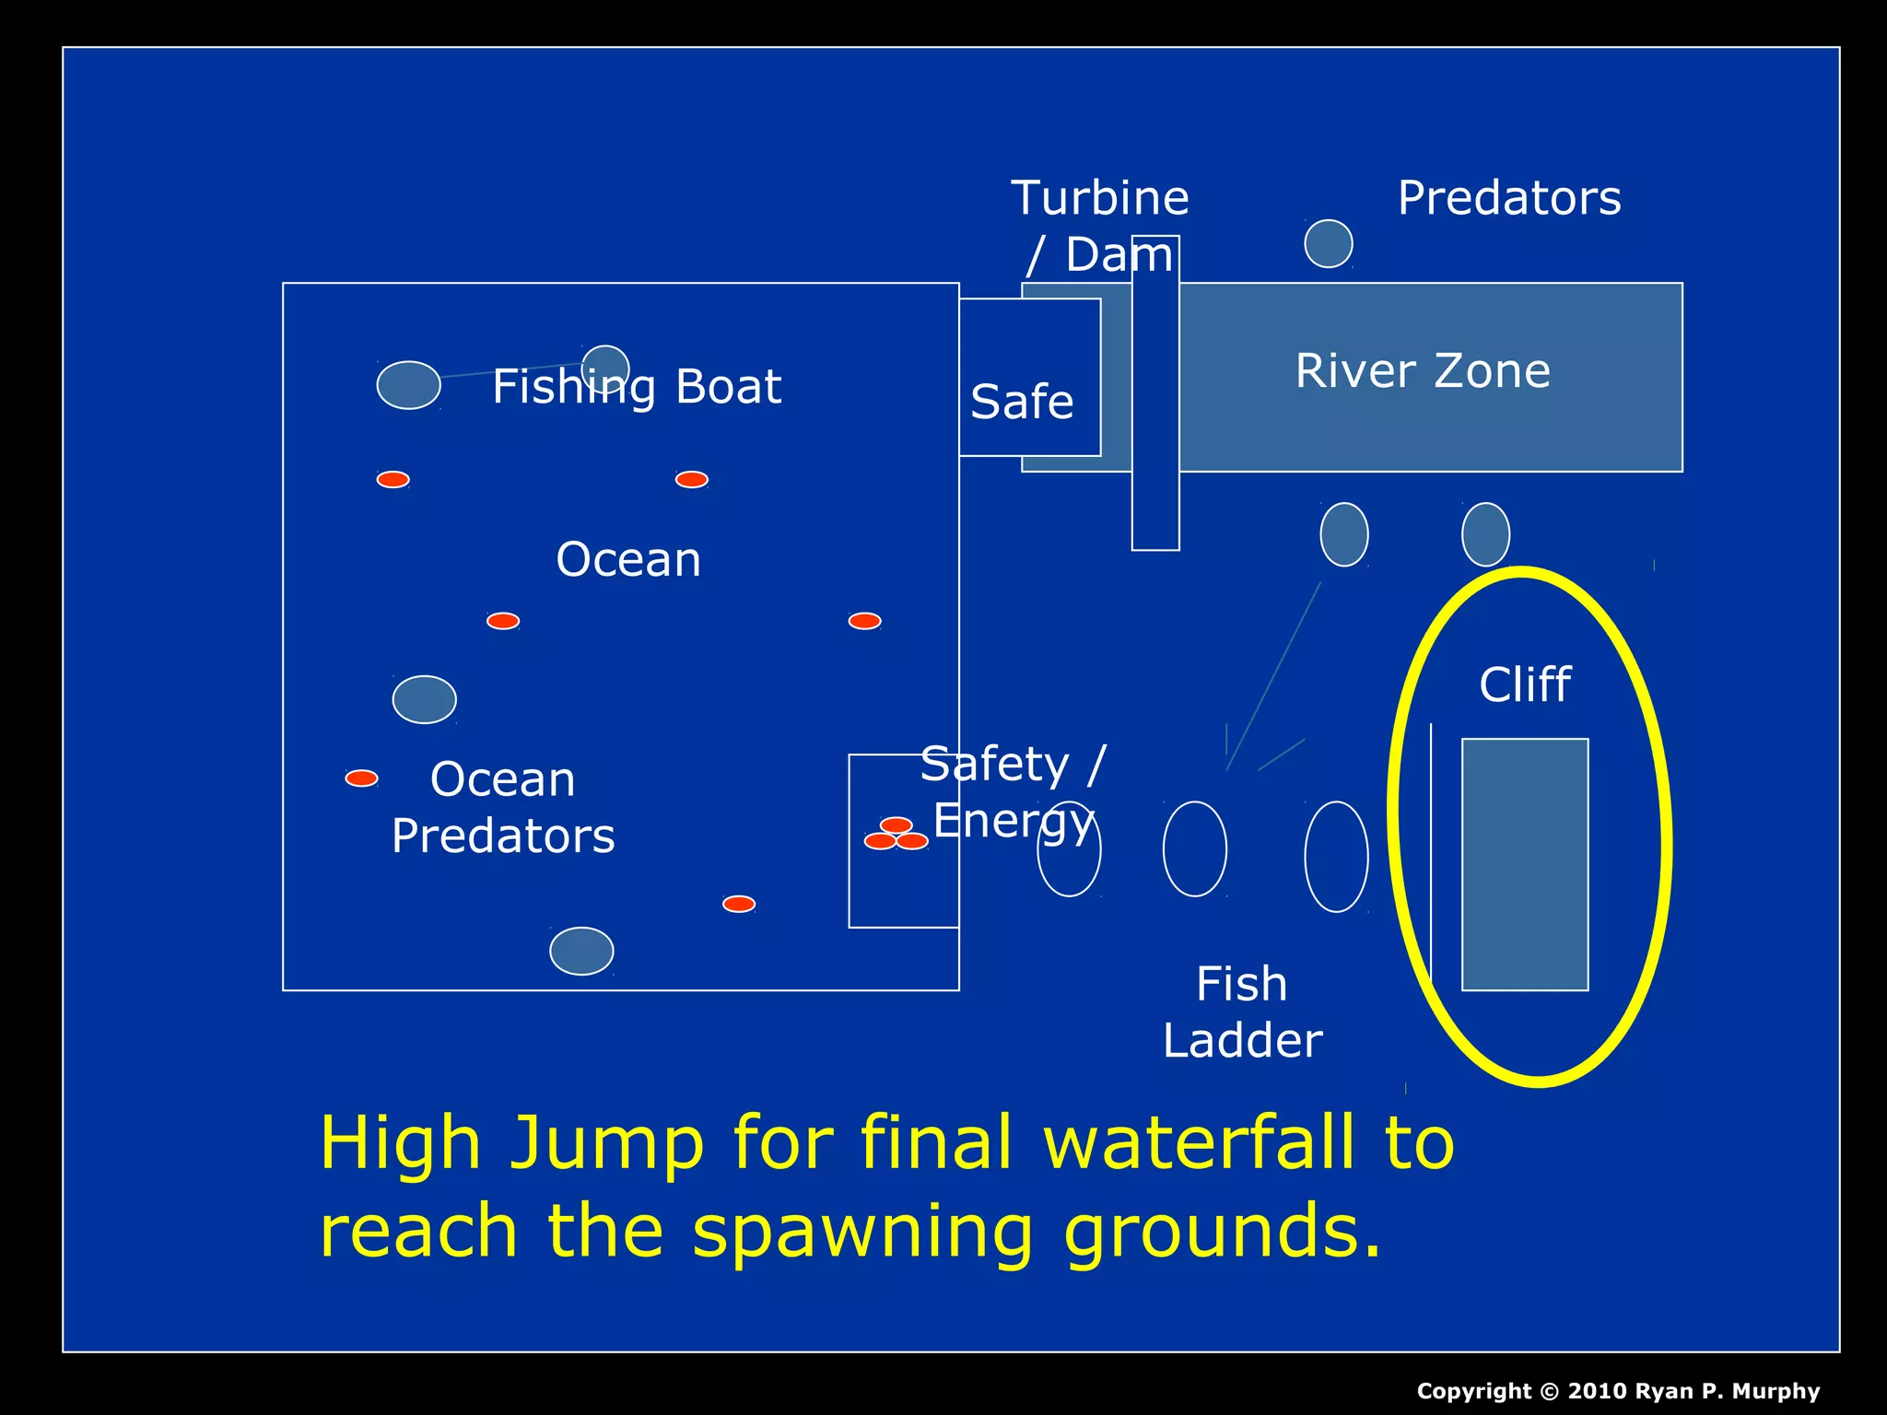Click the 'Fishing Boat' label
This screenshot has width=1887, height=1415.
tap(636, 387)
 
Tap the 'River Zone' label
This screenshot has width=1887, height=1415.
tap(1423, 371)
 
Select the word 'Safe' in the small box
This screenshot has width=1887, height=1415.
tap(1022, 402)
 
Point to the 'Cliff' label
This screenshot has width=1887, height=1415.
tap(1525, 684)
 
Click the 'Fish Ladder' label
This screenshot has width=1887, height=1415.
tap(1242, 1012)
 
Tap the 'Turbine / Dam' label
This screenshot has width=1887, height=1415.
tap(1100, 226)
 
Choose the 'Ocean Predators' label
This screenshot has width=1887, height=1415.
tap(503, 808)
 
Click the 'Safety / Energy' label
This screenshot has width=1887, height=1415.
tap(1013, 791)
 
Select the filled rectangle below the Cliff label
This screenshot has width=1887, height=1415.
tap(1525, 864)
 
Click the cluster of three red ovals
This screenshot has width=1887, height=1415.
tap(896, 835)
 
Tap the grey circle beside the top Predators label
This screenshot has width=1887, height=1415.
tap(1328, 244)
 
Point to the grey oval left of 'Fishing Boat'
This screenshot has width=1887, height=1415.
tap(408, 385)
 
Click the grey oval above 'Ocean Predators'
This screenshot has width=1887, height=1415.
tap(424, 699)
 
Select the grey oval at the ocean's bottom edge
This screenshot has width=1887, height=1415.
tap(581, 951)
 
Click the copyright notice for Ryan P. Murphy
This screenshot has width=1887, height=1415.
tap(1618, 1391)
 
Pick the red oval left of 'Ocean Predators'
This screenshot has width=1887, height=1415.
tap(361, 778)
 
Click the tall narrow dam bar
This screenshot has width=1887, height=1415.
tap(1155, 396)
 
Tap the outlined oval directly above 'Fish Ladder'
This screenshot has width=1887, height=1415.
tap(1195, 848)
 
